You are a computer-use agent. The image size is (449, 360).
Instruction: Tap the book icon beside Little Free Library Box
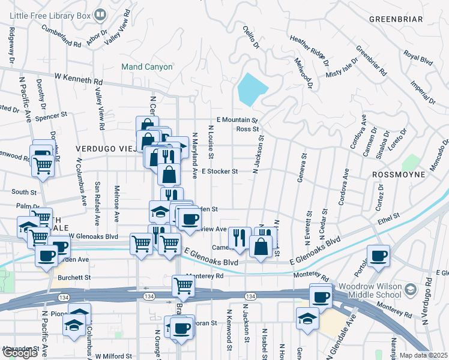pyautogui.click(x=100, y=14)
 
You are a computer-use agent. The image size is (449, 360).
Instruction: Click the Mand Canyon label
pyautogui.click(x=146, y=67)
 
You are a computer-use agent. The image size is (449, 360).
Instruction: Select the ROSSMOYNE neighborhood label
pyautogui.click(x=399, y=174)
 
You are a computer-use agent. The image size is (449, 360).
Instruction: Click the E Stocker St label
pyautogui.click(x=220, y=171)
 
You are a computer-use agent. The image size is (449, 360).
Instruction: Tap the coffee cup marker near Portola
pyautogui.click(x=379, y=256)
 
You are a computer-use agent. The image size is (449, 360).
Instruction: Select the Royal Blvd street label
pyautogui.click(x=418, y=58)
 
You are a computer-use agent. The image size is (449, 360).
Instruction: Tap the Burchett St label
pyautogui.click(x=74, y=278)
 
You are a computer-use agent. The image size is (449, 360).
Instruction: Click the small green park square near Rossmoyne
pyautogui.click(x=411, y=162)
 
